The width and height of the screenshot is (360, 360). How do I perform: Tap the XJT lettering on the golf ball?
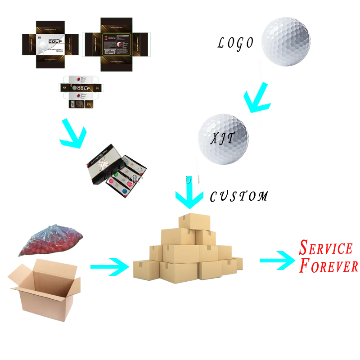click(x=223, y=139)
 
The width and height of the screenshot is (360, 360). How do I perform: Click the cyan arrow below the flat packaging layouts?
click(x=75, y=135)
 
